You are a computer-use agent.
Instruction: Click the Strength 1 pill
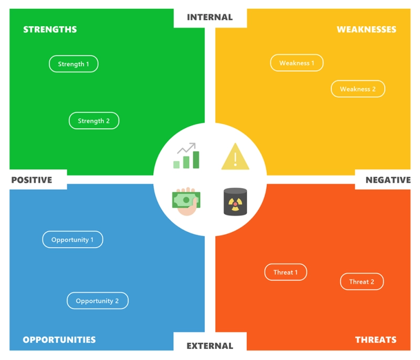73,64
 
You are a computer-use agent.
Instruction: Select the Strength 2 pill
94,121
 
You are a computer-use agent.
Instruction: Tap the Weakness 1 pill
297,63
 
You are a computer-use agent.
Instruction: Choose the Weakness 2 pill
358,89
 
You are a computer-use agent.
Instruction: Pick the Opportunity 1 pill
72,239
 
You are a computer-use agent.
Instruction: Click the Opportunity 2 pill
98,301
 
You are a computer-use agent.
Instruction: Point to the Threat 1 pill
286,272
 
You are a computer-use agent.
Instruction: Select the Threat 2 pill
362,282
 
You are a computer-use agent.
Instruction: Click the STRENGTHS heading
50,29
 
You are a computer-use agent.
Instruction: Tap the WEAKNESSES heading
366,29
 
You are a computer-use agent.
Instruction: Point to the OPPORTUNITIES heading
59,340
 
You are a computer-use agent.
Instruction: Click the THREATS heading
376,340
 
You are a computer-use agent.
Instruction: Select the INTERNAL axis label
209,17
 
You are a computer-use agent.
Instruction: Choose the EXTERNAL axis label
209,346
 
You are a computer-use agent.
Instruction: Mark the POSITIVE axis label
31,180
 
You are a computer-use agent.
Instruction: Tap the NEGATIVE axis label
388,180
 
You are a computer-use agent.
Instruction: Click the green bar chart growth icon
186,156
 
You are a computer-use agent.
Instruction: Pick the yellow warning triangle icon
235,156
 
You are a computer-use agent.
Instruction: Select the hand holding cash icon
186,201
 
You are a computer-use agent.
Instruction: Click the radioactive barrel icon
235,202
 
